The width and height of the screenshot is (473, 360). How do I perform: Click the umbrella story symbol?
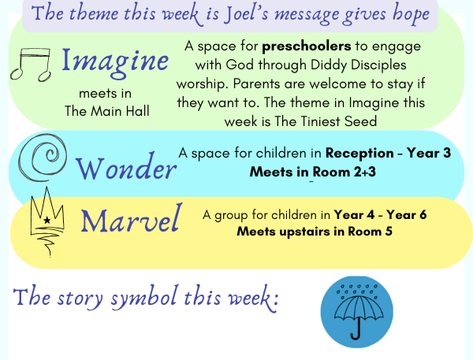coord(357,312)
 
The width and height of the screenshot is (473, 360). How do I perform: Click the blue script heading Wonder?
coord(126,168)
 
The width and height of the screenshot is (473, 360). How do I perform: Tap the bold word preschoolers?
coord(307,46)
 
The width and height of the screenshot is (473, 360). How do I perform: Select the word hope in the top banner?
coord(412,13)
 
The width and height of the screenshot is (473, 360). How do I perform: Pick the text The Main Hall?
coord(107,111)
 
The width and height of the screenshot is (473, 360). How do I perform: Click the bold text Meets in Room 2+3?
coord(313,172)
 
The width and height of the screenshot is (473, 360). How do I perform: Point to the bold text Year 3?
coord(429,153)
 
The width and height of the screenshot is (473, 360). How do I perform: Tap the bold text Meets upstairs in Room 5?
coord(315,232)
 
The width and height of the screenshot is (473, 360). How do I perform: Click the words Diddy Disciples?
coord(359,65)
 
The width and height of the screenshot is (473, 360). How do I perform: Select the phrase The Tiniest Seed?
coord(326,121)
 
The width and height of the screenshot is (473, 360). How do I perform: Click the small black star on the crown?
coord(47,220)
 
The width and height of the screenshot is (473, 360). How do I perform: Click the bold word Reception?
coord(359,154)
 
